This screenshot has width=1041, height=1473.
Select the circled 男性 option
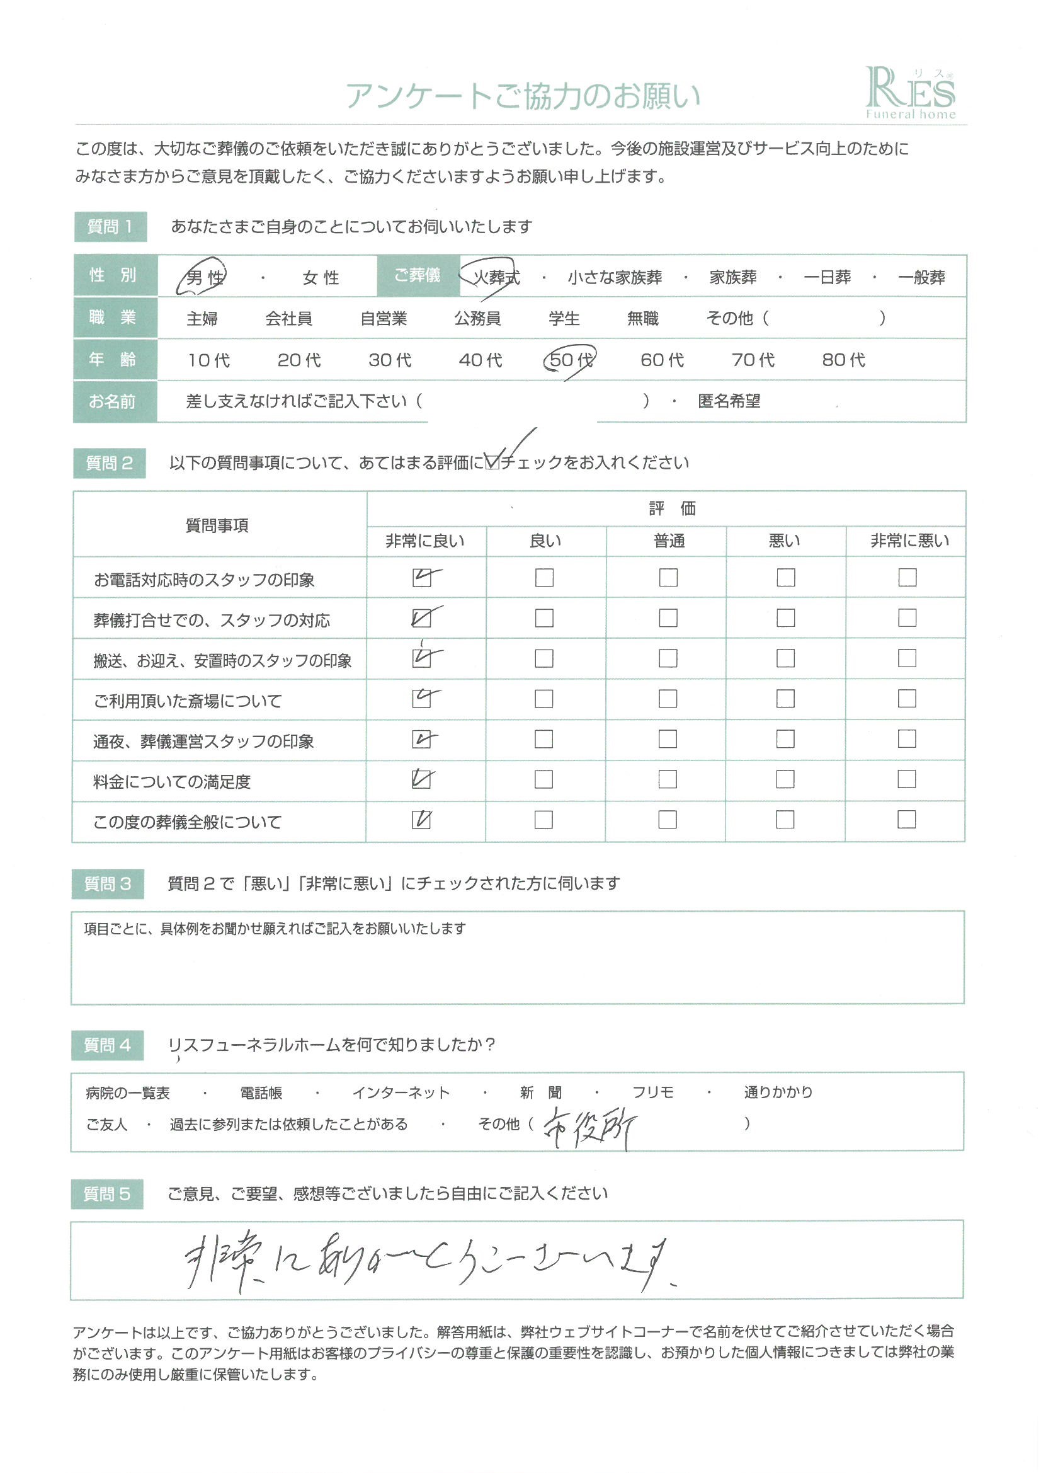tap(205, 277)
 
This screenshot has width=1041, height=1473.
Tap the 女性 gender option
tap(320, 278)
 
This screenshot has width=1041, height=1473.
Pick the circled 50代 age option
tap(570, 360)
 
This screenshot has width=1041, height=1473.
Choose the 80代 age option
tap(843, 360)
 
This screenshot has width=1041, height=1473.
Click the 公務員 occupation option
tap(477, 318)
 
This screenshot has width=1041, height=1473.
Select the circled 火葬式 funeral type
tap(496, 277)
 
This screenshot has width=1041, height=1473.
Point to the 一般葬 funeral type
tap(921, 278)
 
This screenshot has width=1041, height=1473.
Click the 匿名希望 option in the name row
tap(729, 401)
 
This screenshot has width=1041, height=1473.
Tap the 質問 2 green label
tap(109, 463)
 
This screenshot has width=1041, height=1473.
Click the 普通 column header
tap(668, 541)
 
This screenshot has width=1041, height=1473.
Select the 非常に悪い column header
tap(909, 541)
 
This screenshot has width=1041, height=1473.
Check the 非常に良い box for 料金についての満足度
tap(421, 779)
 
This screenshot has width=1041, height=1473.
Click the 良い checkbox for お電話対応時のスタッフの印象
tap(544, 577)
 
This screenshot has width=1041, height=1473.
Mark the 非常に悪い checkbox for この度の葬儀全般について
tap(906, 819)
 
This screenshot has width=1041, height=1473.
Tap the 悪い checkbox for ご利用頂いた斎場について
tap(785, 699)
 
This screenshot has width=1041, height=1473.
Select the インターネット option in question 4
tap(401, 1092)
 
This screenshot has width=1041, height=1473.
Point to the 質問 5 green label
tap(107, 1193)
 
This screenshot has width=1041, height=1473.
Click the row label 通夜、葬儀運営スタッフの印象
tap(203, 742)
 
